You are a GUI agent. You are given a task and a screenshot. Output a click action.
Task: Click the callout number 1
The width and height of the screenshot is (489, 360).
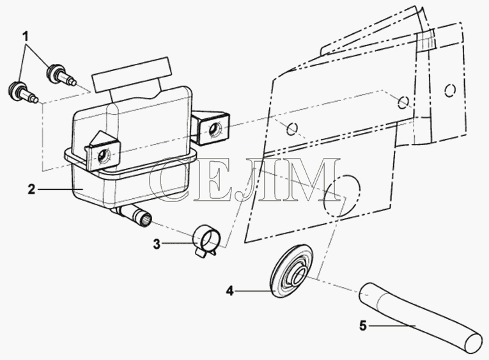[x=26, y=37]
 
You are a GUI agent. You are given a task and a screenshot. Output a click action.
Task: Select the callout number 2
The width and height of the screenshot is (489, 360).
[x=31, y=189]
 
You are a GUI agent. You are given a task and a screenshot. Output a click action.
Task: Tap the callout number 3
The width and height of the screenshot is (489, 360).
[x=157, y=244]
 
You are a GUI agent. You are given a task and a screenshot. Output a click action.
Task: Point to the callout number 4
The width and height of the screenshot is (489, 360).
[x=230, y=292]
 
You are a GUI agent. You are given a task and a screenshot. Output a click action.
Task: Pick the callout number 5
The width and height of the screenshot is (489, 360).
[x=363, y=326]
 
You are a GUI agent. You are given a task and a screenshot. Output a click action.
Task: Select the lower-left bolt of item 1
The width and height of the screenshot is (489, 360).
[x=22, y=92]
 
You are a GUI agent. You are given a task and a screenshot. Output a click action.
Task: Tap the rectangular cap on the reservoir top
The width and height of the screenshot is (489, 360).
[x=132, y=75]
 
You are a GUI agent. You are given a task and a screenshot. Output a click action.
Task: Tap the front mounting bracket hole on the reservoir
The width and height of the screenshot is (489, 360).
[x=103, y=155]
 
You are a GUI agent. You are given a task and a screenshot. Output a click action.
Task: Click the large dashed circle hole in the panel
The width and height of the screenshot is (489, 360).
[x=342, y=196]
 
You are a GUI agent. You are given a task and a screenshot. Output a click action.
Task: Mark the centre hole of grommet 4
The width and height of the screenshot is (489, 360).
[x=298, y=274]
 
